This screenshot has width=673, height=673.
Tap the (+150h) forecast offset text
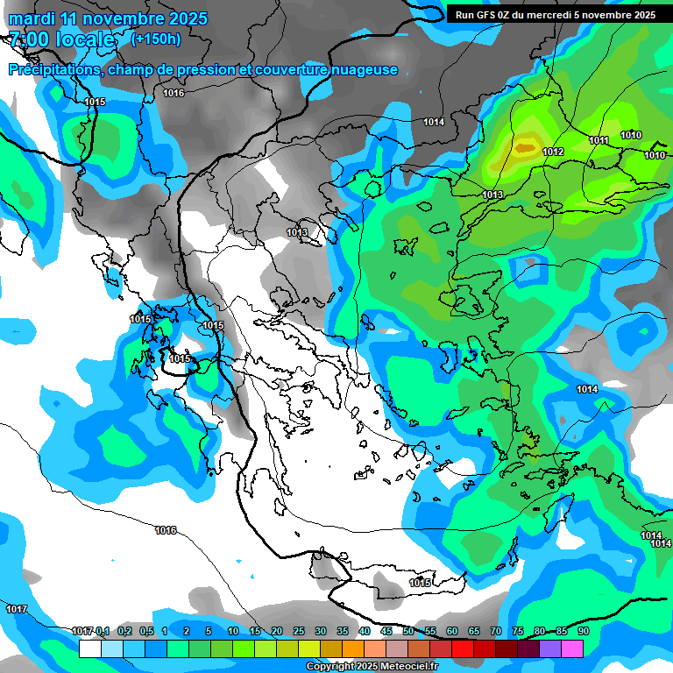tap(155, 39)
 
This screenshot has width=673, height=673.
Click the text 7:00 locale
tap(62, 39)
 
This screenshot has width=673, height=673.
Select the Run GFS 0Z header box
tap(555, 14)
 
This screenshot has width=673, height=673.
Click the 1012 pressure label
tap(553, 152)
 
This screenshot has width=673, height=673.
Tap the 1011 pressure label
tap(599, 140)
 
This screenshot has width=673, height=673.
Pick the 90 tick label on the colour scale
tap(583, 631)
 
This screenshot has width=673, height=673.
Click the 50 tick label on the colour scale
tap(408, 631)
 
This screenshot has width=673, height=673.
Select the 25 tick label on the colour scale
tap(299, 631)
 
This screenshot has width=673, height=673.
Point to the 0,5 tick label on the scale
tap(145, 631)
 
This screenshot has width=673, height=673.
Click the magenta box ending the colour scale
tap(572, 648)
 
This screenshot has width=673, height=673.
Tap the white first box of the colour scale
tap(89, 648)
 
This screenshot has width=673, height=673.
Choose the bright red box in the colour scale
tap(463, 648)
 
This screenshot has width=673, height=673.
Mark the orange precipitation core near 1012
tap(525, 148)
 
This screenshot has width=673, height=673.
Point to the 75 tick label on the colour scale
tap(518, 631)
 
